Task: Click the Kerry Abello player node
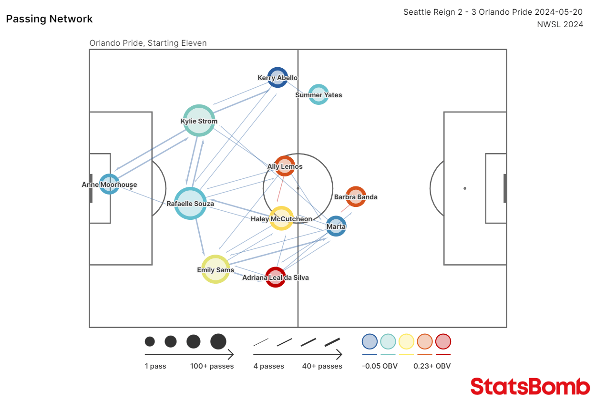pyautogui.click(x=277, y=78)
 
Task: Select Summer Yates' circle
pyautogui.click(x=319, y=94)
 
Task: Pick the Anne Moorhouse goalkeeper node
pyautogui.click(x=109, y=184)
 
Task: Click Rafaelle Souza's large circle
pyautogui.click(x=190, y=204)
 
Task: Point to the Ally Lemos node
pyautogui.click(x=285, y=166)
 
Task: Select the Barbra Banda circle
pyautogui.click(x=356, y=196)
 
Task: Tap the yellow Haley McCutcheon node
pyautogui.click(x=281, y=218)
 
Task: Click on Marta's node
pyautogui.click(x=336, y=226)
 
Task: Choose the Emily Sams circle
pyautogui.click(x=216, y=269)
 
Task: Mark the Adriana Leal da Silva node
pyautogui.click(x=276, y=277)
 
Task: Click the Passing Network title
pyautogui.click(x=50, y=19)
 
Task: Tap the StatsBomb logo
pyautogui.click(x=530, y=386)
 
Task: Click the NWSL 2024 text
pyautogui.click(x=560, y=25)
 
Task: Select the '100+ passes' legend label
pyautogui.click(x=212, y=366)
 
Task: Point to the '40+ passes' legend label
pyautogui.click(x=322, y=366)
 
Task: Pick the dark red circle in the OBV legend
pyautogui.click(x=443, y=341)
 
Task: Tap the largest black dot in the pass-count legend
pyautogui.click(x=218, y=341)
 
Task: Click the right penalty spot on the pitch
pyautogui.click(x=465, y=188)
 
